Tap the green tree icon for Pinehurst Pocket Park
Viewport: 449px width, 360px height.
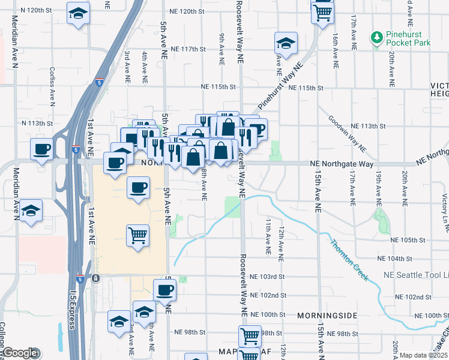(x=378, y=38)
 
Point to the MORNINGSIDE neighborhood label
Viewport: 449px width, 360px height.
(x=327, y=315)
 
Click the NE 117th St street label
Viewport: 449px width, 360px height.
(x=188, y=49)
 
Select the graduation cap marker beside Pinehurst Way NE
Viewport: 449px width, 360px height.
(x=286, y=43)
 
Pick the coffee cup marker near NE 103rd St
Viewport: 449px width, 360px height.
(x=164, y=290)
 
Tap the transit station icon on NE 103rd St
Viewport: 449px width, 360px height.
(x=95, y=278)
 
